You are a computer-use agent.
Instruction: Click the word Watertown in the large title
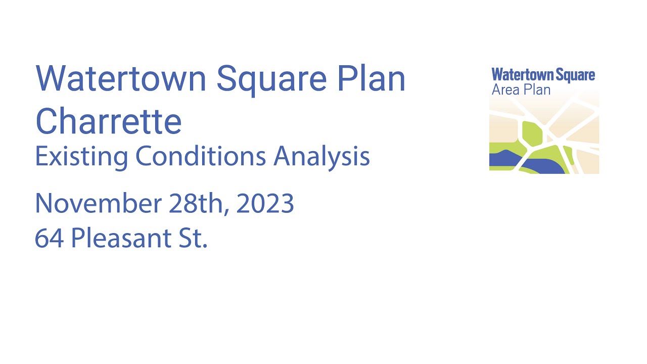[121, 78]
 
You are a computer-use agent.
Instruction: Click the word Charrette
[109, 121]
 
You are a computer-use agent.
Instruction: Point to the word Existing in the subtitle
[81, 157]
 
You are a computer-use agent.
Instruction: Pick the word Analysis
[321, 157]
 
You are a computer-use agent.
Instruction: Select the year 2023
[265, 204]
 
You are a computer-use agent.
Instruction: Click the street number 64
[49, 238]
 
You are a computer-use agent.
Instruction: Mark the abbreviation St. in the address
[193, 238]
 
